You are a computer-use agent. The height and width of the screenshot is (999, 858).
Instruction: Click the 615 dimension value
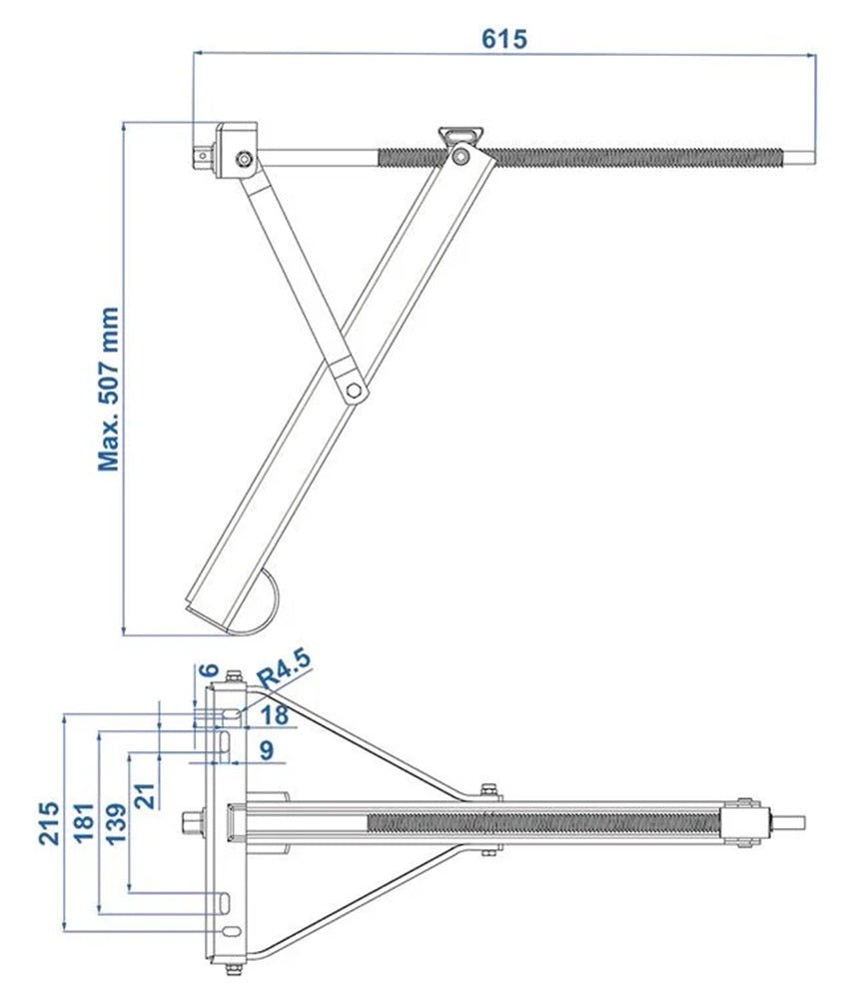pyautogui.click(x=504, y=38)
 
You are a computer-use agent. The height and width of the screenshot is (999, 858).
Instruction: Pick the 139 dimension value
pyautogui.click(x=117, y=822)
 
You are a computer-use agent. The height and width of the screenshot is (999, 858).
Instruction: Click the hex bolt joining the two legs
pyautogui.click(x=353, y=390)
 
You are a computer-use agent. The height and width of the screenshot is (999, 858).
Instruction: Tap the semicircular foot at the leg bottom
pyautogui.click(x=262, y=603)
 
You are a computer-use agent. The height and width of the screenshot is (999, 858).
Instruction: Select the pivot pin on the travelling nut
pyautogui.click(x=460, y=155)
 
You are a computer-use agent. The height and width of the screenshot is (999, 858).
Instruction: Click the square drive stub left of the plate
pyautogui.click(x=193, y=822)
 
